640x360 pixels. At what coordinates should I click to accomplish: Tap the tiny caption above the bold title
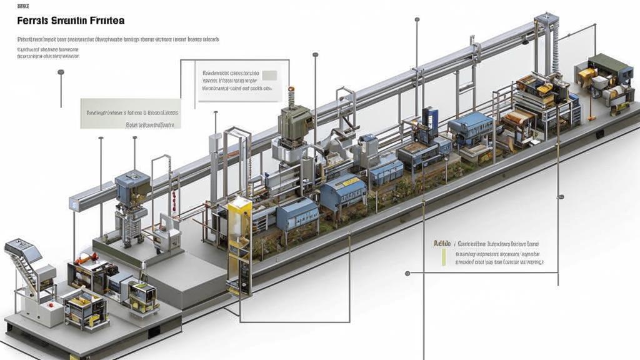(x=22, y=6)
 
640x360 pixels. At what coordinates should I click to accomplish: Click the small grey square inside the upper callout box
(x=269, y=75)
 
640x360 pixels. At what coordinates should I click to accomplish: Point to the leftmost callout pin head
(x=61, y=72)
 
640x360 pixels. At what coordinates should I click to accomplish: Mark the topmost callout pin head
(x=417, y=19)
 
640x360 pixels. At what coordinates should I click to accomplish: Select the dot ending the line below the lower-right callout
(x=407, y=273)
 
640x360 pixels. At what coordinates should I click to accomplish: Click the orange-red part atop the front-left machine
(x=84, y=257)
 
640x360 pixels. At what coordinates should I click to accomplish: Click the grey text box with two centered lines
(x=131, y=114)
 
